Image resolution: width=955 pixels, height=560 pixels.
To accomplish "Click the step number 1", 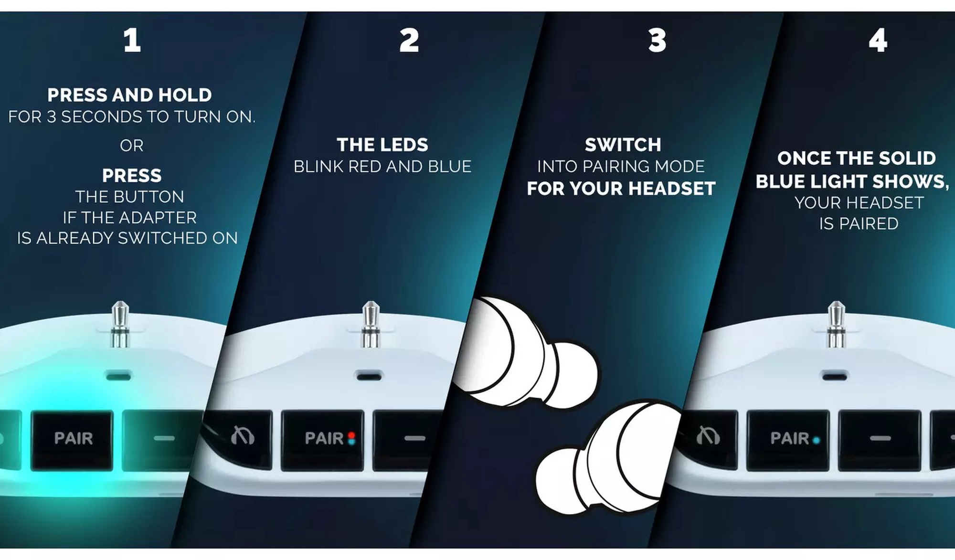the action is tap(132, 40).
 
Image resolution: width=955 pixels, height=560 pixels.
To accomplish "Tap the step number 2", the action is tap(409, 40).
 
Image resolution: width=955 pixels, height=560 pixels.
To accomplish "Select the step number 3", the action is tap(657, 40).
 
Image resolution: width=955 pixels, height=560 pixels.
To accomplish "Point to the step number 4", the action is tap(878, 40).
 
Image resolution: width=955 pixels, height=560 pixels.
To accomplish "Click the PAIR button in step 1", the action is tap(73, 439).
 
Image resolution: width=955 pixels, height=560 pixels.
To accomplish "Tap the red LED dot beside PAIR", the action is tap(352, 435).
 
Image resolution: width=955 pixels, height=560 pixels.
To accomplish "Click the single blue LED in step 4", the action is tap(816, 440).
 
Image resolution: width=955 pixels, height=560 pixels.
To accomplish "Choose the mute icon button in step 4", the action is tap(708, 438).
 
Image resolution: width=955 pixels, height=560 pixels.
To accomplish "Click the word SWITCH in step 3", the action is tap(623, 145).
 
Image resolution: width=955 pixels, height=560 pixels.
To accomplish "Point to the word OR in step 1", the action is tap(132, 146).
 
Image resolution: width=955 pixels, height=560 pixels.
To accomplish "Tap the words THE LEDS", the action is tap(382, 145).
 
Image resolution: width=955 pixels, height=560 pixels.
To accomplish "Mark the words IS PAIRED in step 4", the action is tap(859, 224).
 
